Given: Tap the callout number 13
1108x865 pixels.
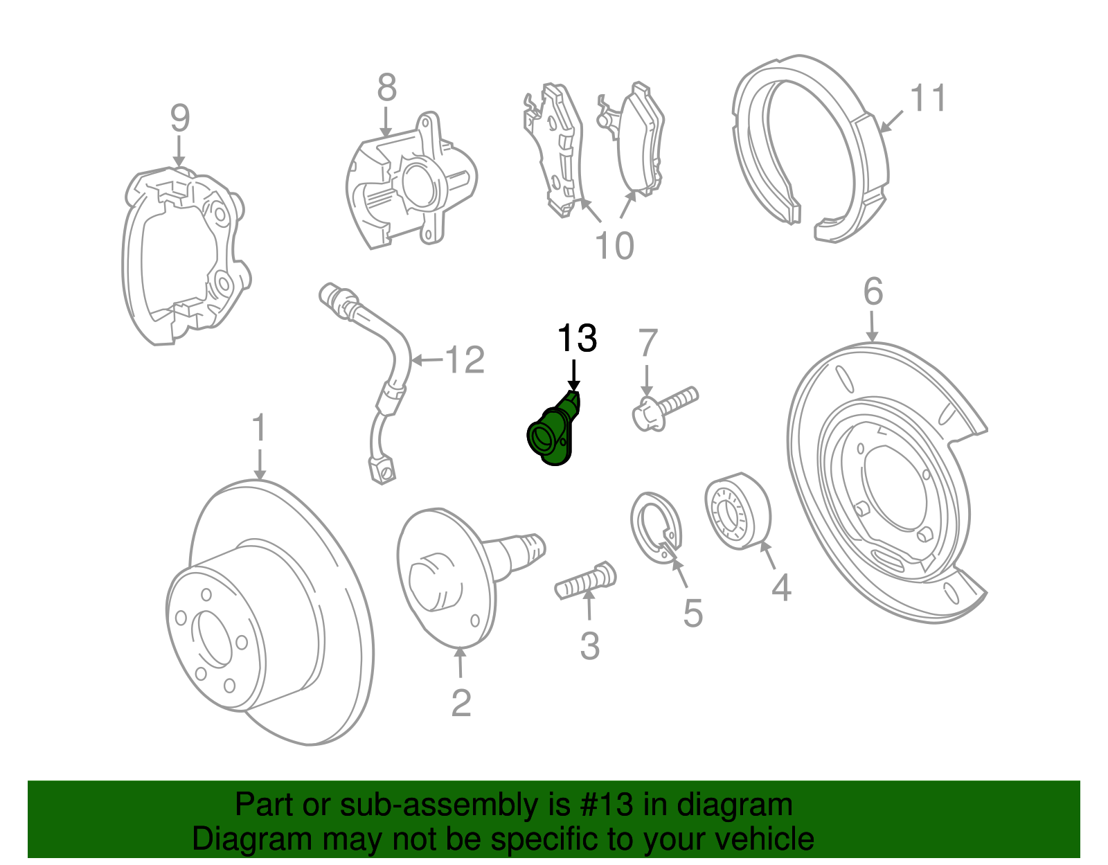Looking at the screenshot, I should click(x=576, y=339).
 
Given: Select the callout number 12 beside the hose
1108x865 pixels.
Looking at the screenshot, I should click(x=465, y=360).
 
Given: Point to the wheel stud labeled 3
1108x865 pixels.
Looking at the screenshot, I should click(x=586, y=582).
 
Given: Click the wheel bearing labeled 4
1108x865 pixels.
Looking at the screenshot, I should click(x=738, y=512).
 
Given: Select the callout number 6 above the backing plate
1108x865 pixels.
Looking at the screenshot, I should click(x=873, y=292).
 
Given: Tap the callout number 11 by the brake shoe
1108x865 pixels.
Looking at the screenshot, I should click(x=928, y=98).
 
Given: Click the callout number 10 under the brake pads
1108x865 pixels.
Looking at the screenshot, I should click(x=614, y=246).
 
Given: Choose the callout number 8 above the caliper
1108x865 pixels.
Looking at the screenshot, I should click(x=387, y=88).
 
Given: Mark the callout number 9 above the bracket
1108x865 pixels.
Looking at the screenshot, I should click(x=179, y=118).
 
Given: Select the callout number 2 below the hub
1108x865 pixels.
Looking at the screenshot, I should click(x=461, y=703).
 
